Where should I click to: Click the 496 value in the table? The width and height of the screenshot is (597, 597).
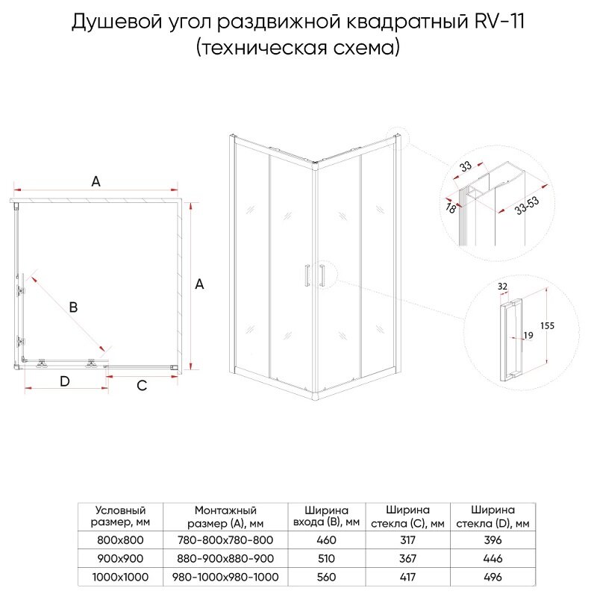click(493, 577)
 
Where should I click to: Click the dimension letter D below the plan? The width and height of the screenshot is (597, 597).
click(65, 382)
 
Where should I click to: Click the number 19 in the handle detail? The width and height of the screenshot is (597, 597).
click(528, 337)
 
